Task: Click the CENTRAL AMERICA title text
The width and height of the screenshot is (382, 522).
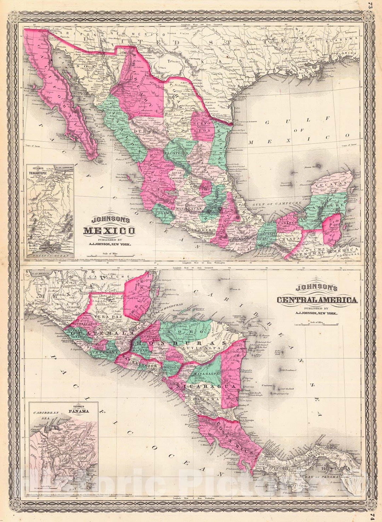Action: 317,300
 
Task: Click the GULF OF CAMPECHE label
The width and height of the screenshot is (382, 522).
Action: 277,203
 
